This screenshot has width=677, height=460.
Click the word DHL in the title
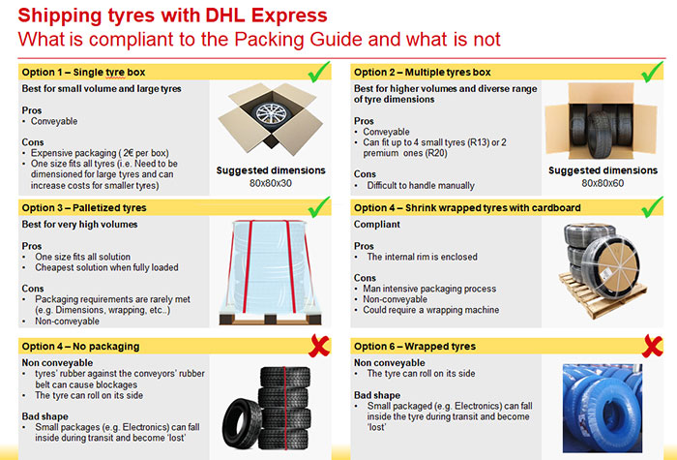click(224, 15)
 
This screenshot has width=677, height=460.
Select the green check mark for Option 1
click(319, 72)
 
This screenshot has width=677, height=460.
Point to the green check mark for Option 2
click(652, 72)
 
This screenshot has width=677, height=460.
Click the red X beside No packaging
click(319, 346)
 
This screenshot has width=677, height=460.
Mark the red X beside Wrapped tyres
click(652, 346)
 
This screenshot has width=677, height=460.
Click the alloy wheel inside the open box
click(271, 113)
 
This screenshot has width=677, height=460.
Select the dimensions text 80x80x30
click(271, 183)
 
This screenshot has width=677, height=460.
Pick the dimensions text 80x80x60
click(603, 183)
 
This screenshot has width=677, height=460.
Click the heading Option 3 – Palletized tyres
click(84, 208)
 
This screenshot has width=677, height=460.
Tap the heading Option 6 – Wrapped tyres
click(415, 347)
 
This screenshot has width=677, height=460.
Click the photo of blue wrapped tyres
click(603, 408)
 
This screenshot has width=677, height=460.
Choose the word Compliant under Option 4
click(377, 225)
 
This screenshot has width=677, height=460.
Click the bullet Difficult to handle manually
click(421, 186)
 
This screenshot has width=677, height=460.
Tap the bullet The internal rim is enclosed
click(422, 257)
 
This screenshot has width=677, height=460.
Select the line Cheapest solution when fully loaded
click(106, 267)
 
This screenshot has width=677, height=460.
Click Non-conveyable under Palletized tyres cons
click(67, 322)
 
